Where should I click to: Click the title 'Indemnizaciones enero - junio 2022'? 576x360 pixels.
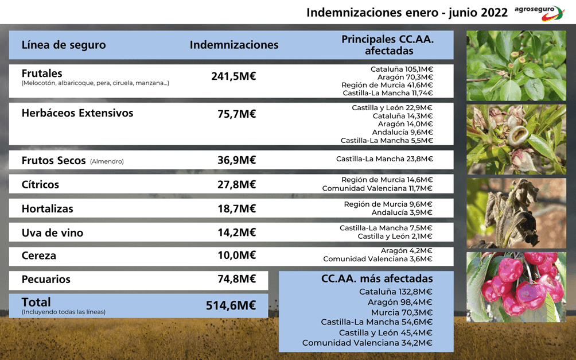(407, 12)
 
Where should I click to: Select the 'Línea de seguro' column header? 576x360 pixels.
(64, 45)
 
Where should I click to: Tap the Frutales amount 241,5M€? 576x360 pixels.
(233, 76)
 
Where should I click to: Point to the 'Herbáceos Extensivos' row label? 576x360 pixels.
(77, 113)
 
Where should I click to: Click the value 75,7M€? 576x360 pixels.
(236, 114)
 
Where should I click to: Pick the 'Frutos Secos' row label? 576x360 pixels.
(53, 160)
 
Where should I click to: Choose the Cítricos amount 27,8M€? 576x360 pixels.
(236, 184)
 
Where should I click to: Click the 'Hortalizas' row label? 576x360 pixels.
(48, 208)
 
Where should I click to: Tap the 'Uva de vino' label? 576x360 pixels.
(52, 233)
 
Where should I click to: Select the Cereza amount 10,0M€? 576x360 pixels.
(236, 256)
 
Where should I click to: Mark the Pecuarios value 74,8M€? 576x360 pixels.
(236, 280)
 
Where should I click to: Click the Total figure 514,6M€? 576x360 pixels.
(231, 305)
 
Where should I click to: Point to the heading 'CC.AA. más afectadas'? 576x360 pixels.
(377, 278)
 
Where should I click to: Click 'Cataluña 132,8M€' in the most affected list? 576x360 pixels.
(396, 292)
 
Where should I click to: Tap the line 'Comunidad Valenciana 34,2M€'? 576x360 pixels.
(367, 343)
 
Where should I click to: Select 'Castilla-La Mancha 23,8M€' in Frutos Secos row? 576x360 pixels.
(384, 159)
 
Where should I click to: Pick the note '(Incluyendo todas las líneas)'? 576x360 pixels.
(64, 312)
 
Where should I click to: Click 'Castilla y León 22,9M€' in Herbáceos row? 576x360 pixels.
(392, 107)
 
